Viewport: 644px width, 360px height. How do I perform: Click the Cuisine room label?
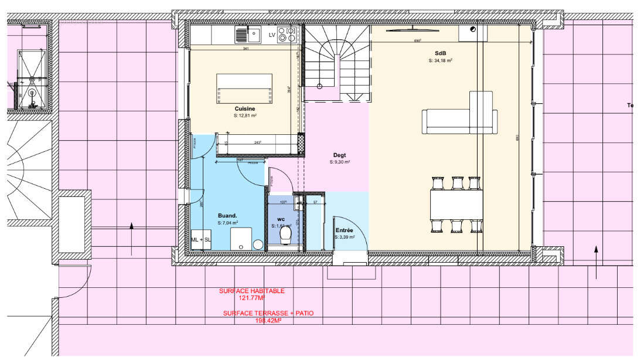tap(245, 109)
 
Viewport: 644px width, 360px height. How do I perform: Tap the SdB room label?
tap(441, 53)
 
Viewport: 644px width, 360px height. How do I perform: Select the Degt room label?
tap(340, 155)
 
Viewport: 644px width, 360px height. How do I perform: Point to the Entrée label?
tap(344, 231)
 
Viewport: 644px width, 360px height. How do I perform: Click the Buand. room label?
tap(227, 216)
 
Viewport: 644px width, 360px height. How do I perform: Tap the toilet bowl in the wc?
tap(286, 235)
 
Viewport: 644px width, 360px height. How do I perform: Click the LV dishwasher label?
tap(271, 36)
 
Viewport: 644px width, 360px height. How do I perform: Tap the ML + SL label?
tap(200, 240)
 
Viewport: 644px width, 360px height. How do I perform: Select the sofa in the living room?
tap(460, 120)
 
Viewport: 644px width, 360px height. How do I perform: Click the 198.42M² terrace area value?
tap(268, 321)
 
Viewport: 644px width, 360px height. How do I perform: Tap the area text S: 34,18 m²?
tap(441, 60)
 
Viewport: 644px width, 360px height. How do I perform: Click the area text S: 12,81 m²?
tap(245, 116)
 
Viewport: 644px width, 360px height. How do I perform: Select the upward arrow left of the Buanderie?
tap(131, 238)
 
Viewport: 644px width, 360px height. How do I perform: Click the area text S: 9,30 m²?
tap(340, 162)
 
